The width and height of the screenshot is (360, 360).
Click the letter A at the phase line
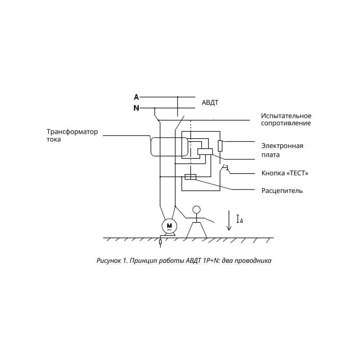coord(136,97)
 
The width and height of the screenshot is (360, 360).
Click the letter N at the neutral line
coord(136,108)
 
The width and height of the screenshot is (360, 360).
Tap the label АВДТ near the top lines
coord(210,102)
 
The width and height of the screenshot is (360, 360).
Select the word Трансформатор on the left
coord(72,132)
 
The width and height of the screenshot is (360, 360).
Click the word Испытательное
coord(286,116)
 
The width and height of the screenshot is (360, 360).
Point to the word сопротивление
coord(286,123)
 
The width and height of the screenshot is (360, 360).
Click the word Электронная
coord(282,146)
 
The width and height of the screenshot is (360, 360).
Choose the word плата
coord(270,155)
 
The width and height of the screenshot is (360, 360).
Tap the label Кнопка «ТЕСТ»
coord(285,173)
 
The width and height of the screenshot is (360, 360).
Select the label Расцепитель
coord(282,191)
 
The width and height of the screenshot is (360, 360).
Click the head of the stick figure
coord(196,210)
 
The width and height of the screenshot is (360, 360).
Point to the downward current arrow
coord(229,220)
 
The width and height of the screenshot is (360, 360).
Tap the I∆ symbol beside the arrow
coord(240,219)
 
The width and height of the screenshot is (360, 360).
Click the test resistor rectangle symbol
coord(220,146)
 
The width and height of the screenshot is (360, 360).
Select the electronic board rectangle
coord(205,152)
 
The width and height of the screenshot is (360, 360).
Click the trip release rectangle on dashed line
coord(190,177)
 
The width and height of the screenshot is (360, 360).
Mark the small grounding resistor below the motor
coord(160,242)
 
